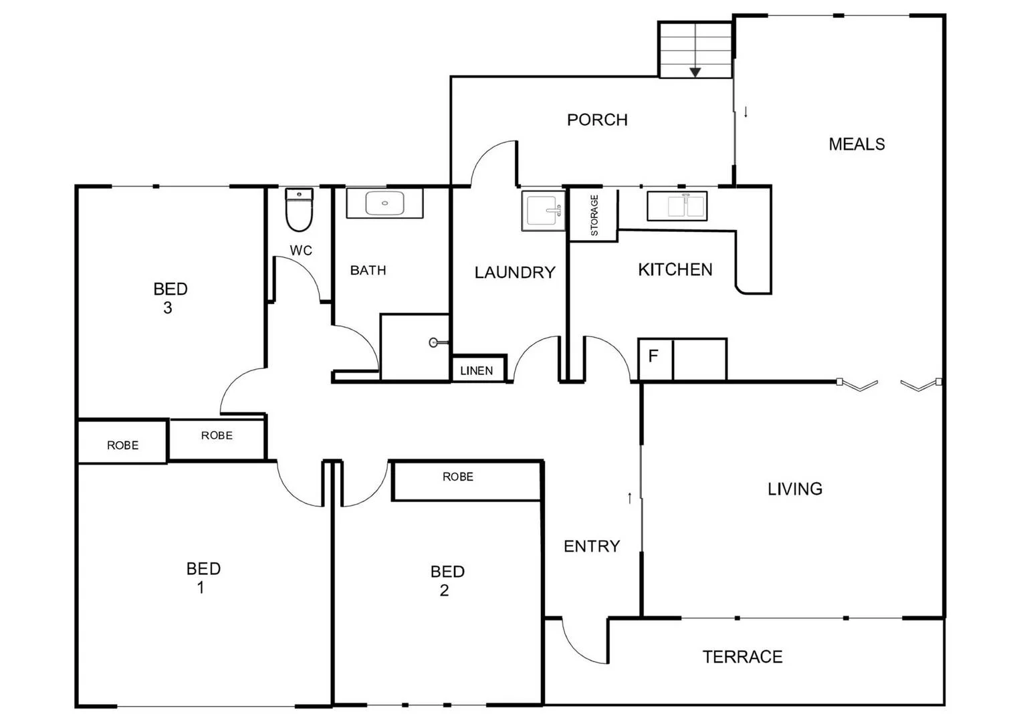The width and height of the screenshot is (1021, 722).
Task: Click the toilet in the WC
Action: pos(299,210)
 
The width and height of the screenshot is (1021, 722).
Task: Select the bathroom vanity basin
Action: pos(384,203)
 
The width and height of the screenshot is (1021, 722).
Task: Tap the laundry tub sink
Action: pos(544,211)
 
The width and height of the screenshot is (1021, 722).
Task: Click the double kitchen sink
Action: pos(677,205)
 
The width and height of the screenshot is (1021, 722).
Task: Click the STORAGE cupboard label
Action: pos(594,215)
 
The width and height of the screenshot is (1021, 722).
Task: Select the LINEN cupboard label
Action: pos(477,371)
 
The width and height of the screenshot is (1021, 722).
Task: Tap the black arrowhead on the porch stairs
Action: pos(695,72)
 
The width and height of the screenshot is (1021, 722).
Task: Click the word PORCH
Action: pos(597,120)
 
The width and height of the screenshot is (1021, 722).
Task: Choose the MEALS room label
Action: pos(857,144)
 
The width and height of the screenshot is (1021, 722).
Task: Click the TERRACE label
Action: pos(742,657)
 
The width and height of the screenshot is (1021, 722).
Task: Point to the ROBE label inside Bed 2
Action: pos(458,477)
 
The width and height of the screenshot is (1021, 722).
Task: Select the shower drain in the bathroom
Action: pos(433,343)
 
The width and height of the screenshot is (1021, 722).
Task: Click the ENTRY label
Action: pos(592,547)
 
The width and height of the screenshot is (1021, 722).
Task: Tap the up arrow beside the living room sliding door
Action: pos(629,498)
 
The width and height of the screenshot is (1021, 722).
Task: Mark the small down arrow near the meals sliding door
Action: pos(746,112)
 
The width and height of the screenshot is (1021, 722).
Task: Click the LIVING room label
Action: pos(795,489)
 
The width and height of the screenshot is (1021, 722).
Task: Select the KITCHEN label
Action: pos(675,270)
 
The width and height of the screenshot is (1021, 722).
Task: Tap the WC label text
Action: pos(301,251)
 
